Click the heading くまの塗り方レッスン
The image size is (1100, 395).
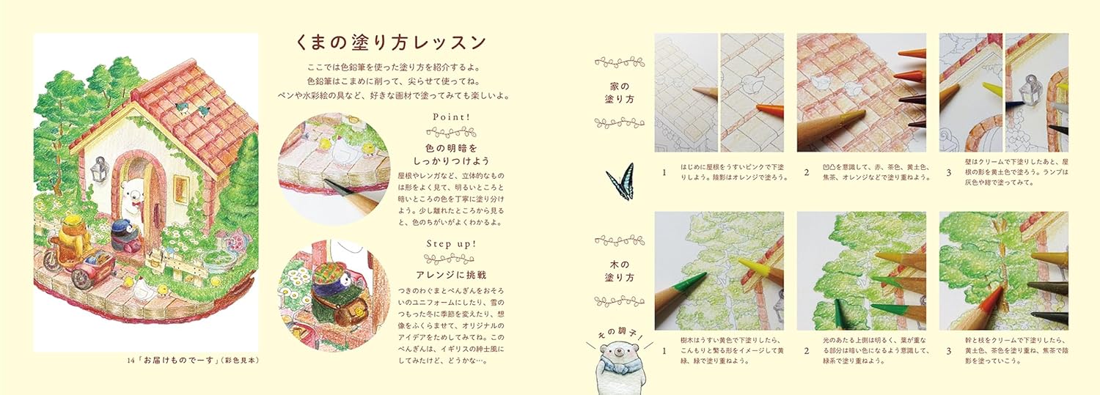click(x=392, y=43)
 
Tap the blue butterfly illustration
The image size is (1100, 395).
click(x=620, y=182)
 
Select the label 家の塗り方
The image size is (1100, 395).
click(x=619, y=93)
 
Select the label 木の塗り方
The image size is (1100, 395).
click(x=619, y=271)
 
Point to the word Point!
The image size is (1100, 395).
click(x=451, y=117)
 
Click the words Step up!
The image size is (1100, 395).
click(x=451, y=244)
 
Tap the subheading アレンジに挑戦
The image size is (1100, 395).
click(x=451, y=275)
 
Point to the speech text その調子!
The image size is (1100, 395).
click(x=620, y=335)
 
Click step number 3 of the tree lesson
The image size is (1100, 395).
click(x=948, y=351)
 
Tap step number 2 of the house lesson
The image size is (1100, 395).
click(x=806, y=172)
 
